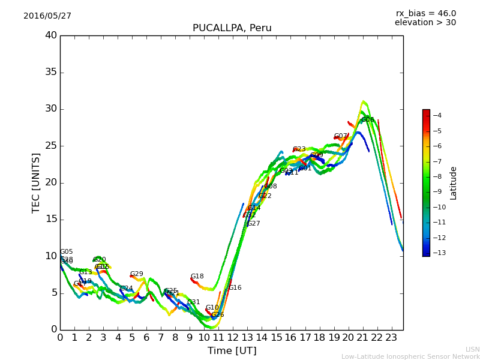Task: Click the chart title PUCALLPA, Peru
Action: [232, 28]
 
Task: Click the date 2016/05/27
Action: [47, 16]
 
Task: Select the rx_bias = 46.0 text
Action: [425, 13]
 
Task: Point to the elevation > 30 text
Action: [425, 23]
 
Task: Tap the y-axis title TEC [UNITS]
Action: [36, 182]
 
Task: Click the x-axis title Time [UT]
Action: [232, 351]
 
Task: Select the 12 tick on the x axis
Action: [233, 337]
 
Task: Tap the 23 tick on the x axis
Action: [392, 337]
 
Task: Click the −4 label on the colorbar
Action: [437, 115]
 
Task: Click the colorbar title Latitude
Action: [454, 183]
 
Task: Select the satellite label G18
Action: [197, 277]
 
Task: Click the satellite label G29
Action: [137, 274]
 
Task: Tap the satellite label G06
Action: [368, 120]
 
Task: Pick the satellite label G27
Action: [254, 224]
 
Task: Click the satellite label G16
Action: [235, 288]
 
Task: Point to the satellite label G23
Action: [299, 149]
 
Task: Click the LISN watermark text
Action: [473, 349]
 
